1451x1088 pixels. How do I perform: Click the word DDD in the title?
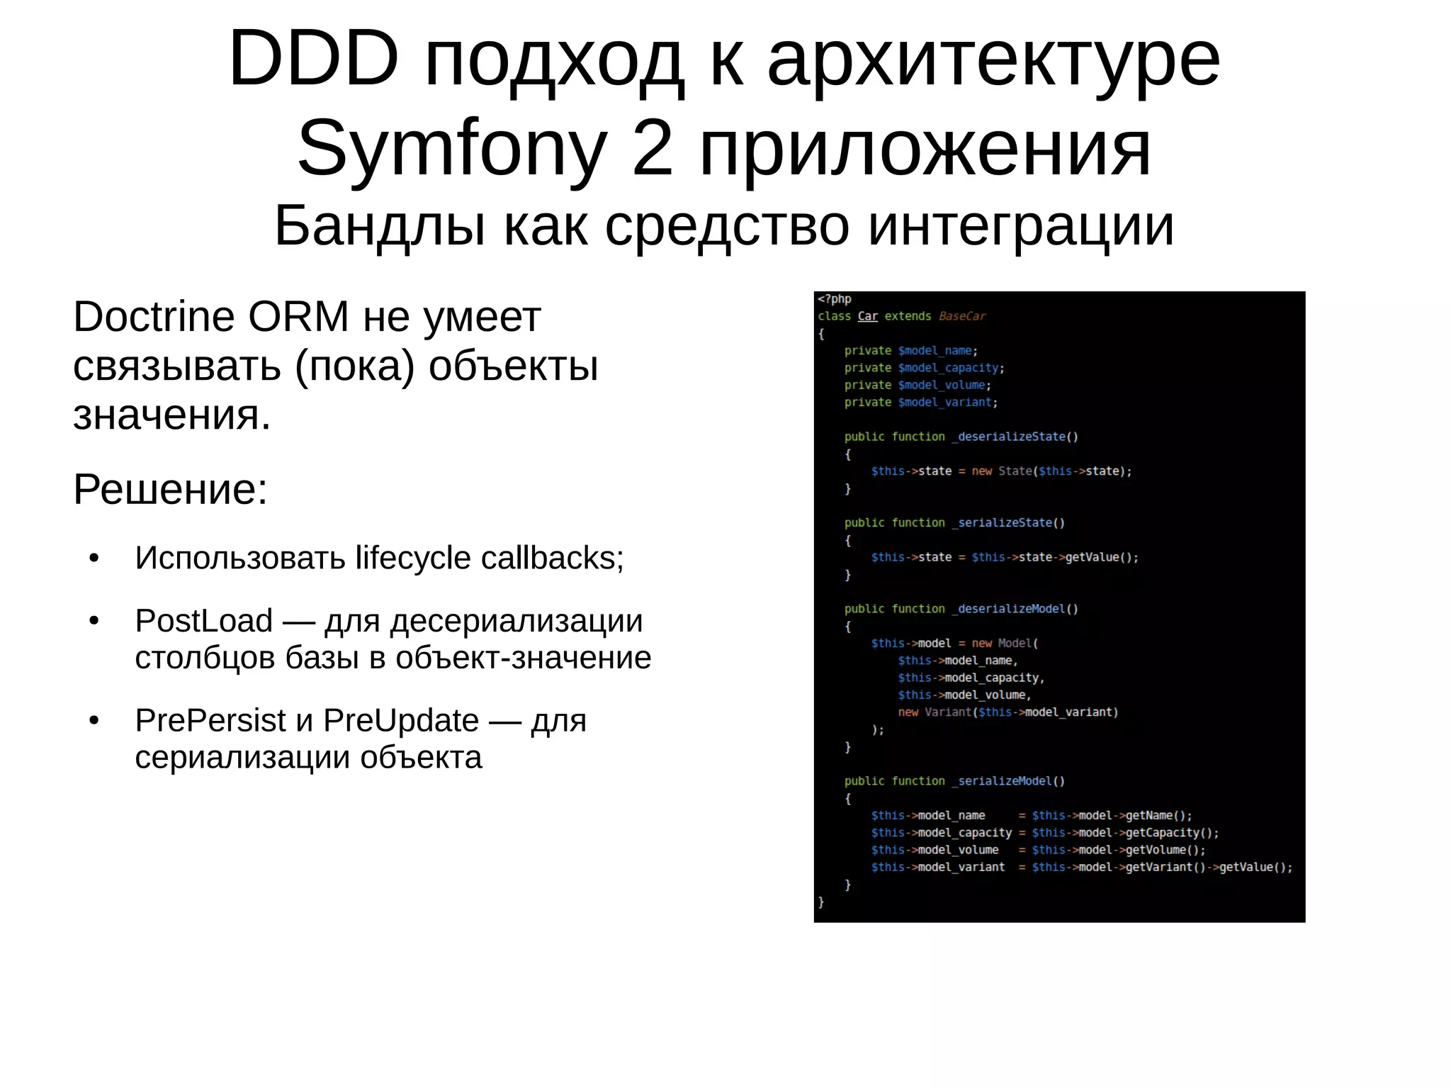pos(314,60)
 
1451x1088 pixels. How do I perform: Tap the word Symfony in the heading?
pos(452,150)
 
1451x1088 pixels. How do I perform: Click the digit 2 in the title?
pos(652,150)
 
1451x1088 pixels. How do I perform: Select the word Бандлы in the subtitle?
pos(380,226)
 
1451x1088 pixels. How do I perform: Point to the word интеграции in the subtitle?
pos(1021,226)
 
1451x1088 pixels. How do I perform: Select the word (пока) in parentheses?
pos(354,366)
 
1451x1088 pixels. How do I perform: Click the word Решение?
pos(170,489)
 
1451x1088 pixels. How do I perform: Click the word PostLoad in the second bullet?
pos(204,621)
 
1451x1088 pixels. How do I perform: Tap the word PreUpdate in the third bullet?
pos(401,721)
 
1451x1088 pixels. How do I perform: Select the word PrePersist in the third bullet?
pos(210,721)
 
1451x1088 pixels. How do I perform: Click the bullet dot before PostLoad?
pos(94,622)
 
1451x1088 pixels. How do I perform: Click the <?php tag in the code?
pos(835,299)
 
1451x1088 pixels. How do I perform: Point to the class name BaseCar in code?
pos(961,316)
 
